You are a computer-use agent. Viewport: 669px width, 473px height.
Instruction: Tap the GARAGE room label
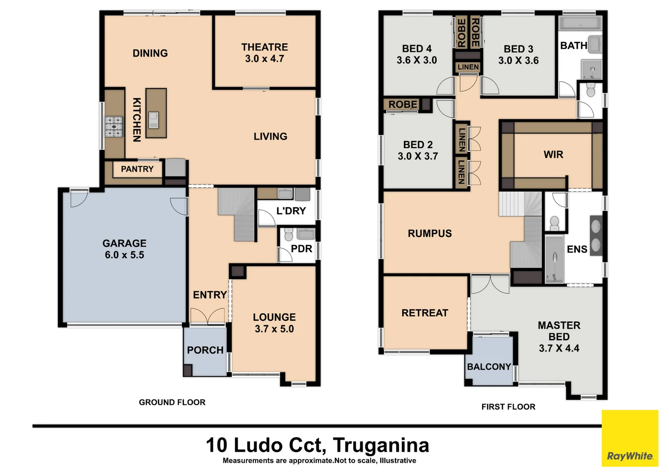124,243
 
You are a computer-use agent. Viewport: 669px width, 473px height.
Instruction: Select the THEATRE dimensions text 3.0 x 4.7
264,59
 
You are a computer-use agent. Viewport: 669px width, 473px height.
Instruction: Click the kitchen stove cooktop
114,127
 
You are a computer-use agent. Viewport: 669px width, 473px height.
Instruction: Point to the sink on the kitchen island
153,120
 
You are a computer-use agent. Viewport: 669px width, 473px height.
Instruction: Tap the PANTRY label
137,169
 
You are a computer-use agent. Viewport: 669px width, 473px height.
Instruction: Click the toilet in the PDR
288,234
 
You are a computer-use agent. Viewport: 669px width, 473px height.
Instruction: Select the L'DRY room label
291,211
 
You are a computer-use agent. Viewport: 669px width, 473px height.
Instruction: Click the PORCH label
205,350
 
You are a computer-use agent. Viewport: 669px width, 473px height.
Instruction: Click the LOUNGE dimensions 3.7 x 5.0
274,329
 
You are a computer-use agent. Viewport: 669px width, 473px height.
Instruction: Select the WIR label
553,155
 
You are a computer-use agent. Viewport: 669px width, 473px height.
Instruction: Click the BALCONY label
489,367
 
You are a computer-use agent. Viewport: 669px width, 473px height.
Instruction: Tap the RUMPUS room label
429,233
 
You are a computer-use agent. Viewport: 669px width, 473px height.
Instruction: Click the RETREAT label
425,313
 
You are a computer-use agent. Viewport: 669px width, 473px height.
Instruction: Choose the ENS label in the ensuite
577,249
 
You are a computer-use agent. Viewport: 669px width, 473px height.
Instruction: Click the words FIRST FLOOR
508,407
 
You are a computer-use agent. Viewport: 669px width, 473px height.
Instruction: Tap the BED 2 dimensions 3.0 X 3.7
418,156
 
